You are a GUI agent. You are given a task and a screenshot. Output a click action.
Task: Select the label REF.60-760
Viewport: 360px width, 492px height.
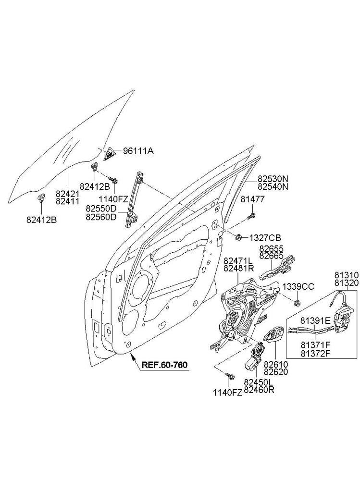click(x=164, y=364)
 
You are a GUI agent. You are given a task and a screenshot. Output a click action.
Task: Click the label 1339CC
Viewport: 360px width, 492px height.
click(x=298, y=286)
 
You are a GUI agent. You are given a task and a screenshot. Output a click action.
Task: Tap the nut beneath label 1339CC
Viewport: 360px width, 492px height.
click(x=297, y=302)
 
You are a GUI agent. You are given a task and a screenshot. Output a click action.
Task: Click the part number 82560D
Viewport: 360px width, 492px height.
click(x=101, y=217)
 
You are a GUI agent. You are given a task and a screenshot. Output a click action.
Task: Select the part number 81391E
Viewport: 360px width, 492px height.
click(x=315, y=320)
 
